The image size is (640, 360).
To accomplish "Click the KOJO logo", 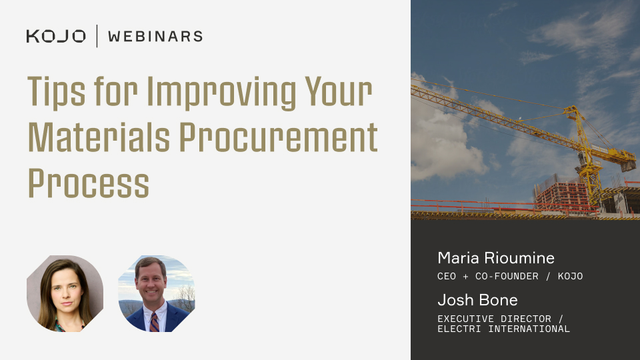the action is click(x=56, y=36).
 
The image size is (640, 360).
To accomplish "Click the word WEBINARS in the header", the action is click(x=155, y=36).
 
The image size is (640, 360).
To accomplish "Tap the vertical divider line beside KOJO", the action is click(x=97, y=36).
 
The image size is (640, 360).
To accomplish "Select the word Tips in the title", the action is click(x=56, y=92).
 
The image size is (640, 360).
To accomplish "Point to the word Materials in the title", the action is click(x=99, y=137).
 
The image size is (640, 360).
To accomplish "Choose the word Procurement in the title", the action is click(x=279, y=137).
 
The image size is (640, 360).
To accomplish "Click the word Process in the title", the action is click(x=89, y=184).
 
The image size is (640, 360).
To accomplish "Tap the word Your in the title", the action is click(x=339, y=92).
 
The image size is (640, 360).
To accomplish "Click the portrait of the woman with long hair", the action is click(x=65, y=293).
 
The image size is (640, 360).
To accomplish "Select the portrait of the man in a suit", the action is click(x=156, y=293).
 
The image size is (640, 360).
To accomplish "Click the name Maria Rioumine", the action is click(x=496, y=258).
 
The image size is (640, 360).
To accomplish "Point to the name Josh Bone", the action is click(x=477, y=300).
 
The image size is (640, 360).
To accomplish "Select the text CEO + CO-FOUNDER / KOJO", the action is click(x=510, y=276).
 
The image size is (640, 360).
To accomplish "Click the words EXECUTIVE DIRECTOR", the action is click(x=494, y=319).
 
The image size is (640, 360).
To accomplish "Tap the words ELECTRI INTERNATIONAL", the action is click(x=504, y=329).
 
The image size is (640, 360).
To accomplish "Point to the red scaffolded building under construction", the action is click(x=562, y=193).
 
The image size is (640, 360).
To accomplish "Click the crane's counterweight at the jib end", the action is click(x=628, y=165).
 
